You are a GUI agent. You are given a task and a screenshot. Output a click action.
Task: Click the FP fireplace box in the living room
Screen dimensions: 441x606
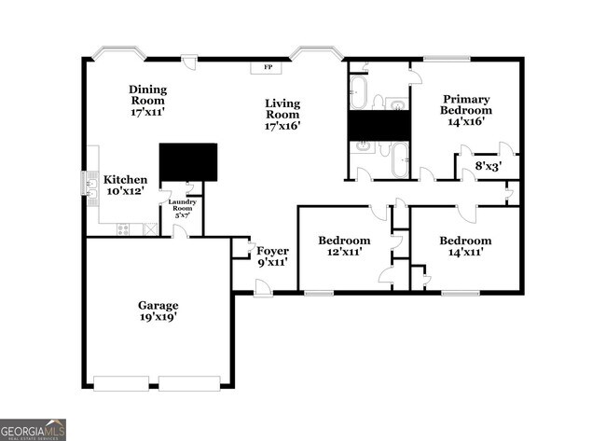point(268,67)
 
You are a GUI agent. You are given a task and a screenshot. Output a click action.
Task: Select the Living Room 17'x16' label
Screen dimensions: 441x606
point(282,114)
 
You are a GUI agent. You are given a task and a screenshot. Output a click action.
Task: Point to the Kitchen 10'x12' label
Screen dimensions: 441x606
point(124,185)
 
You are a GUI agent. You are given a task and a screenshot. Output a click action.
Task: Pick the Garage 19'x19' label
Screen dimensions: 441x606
point(158,310)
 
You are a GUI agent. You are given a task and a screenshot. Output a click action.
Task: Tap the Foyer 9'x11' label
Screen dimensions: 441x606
point(272,256)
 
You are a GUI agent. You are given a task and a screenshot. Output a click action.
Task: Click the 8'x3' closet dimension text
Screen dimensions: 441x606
point(489,167)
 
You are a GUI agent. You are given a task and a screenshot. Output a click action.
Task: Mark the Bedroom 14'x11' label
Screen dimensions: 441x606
point(465,245)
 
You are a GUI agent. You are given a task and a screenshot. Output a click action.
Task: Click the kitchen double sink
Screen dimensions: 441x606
point(91,186)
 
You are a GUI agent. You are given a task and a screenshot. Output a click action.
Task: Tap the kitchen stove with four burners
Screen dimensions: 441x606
point(124,229)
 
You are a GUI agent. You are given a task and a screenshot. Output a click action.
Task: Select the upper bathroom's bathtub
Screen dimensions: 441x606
point(359,93)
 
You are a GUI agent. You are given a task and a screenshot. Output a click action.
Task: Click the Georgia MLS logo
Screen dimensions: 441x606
point(33,429)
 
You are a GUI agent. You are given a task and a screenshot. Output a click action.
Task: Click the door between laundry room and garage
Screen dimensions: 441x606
point(179,231)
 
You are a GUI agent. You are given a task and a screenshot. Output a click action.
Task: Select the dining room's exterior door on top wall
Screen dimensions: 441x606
point(189,62)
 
